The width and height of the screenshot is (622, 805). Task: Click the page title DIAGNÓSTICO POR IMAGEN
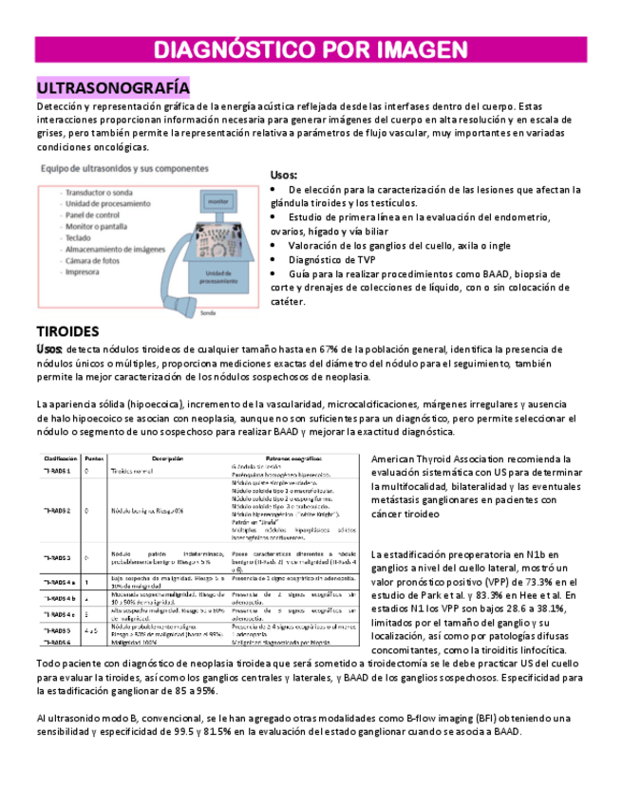(311, 49)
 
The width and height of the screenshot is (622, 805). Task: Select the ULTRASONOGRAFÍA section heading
(112, 88)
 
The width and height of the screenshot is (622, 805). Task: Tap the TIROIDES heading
(67, 331)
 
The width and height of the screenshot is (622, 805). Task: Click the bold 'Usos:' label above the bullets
(284, 176)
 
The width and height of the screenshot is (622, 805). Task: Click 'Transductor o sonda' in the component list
(99, 192)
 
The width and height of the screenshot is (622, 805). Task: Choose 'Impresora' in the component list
(85, 271)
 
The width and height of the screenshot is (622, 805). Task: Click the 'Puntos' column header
(94, 458)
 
